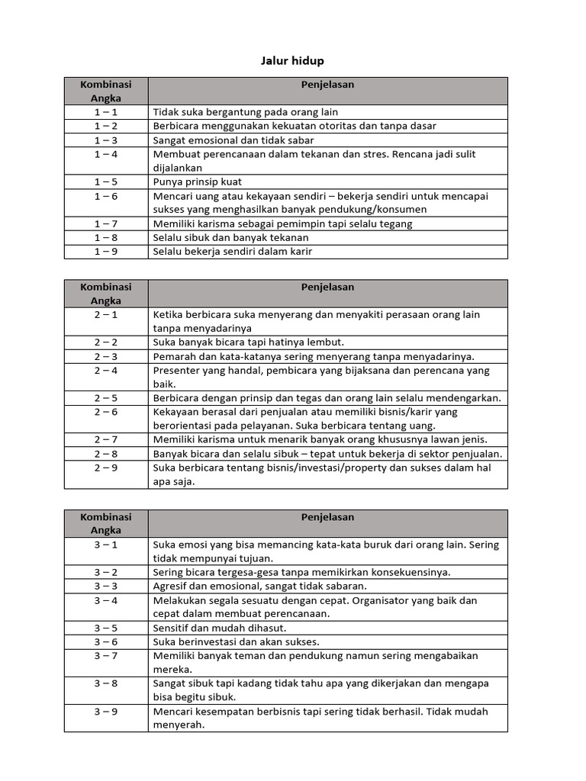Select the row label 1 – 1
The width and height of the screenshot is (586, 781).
pyautogui.click(x=106, y=112)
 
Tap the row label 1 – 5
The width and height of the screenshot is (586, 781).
pyautogui.click(x=106, y=182)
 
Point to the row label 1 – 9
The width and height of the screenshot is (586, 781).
pyautogui.click(x=106, y=251)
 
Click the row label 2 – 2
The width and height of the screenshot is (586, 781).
pyautogui.click(x=106, y=342)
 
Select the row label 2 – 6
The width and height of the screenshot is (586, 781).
pyautogui.click(x=106, y=412)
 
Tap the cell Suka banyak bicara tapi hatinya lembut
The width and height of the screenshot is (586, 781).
pyautogui.click(x=249, y=342)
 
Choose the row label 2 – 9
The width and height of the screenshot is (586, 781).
pyautogui.click(x=106, y=468)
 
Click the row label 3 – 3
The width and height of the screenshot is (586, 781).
pyautogui.click(x=106, y=586)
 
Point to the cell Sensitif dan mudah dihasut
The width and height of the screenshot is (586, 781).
pyautogui.click(x=220, y=628)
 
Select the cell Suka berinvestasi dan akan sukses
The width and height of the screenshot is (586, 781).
pyautogui.click(x=237, y=641)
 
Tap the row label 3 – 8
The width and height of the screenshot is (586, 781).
pyautogui.click(x=106, y=683)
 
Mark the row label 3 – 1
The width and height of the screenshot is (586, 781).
pyautogui.click(x=106, y=545)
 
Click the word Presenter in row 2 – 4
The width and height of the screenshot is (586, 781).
pyautogui.click(x=177, y=371)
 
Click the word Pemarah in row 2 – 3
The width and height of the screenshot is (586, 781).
pyautogui.click(x=175, y=356)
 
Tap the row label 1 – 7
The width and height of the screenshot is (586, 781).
pyautogui.click(x=106, y=223)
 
